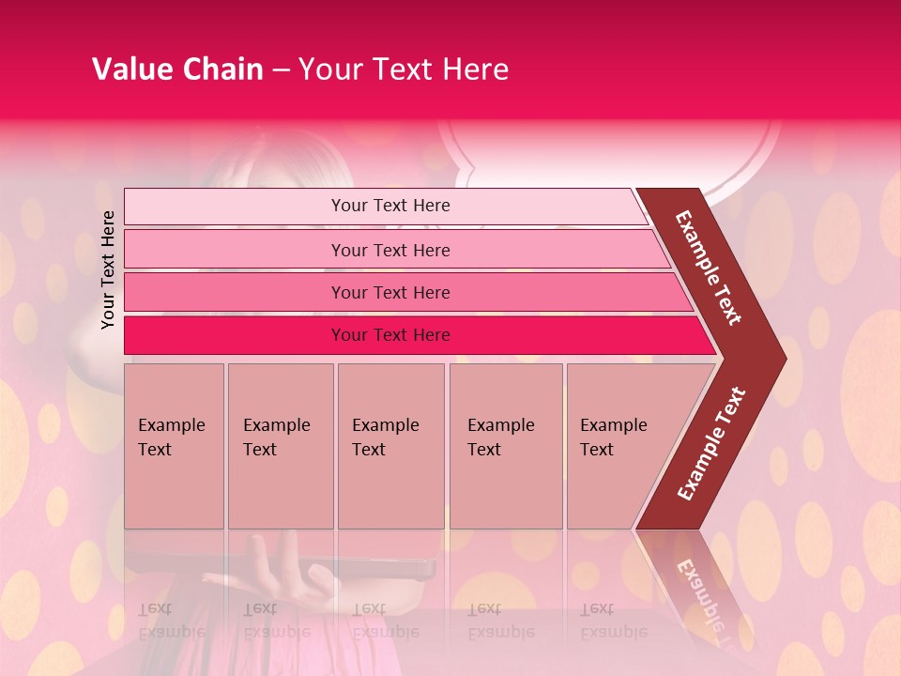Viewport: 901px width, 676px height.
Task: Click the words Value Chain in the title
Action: [177, 69]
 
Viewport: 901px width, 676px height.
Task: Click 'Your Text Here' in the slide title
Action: [404, 69]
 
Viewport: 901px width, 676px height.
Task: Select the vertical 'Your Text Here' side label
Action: [108, 269]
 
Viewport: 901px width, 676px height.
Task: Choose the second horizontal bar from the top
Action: [389, 250]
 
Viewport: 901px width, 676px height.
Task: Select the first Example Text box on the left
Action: [174, 446]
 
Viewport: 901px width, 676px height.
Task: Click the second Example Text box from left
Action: [280, 446]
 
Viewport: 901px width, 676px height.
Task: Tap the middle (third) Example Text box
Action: [390, 446]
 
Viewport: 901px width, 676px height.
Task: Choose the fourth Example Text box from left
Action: [505, 446]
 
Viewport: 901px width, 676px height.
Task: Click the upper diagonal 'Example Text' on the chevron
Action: [710, 268]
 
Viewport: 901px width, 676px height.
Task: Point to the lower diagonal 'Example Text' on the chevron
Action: [710, 444]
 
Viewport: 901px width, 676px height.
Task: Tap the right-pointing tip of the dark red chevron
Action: [781, 358]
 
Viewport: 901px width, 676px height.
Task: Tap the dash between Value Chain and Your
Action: [281, 70]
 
